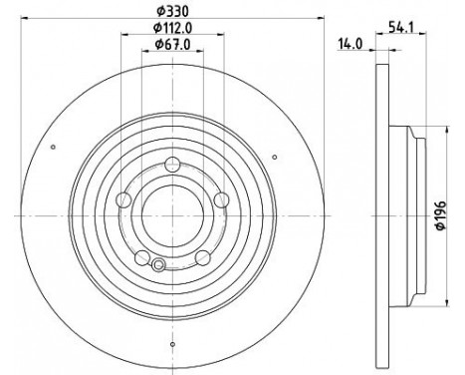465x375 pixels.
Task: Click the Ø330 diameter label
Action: (x=172, y=11)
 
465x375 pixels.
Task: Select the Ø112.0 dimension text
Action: (x=172, y=28)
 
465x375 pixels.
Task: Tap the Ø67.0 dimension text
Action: (x=172, y=44)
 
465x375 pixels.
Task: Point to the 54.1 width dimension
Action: (x=401, y=27)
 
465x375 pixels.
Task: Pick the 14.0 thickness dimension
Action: (x=350, y=44)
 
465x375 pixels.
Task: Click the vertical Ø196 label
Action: (x=440, y=215)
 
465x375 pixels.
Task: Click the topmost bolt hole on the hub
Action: (x=172, y=164)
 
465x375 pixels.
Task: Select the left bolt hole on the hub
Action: (x=123, y=199)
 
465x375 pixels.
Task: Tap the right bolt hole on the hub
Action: (x=221, y=199)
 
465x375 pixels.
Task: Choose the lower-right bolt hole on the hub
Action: (x=203, y=257)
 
